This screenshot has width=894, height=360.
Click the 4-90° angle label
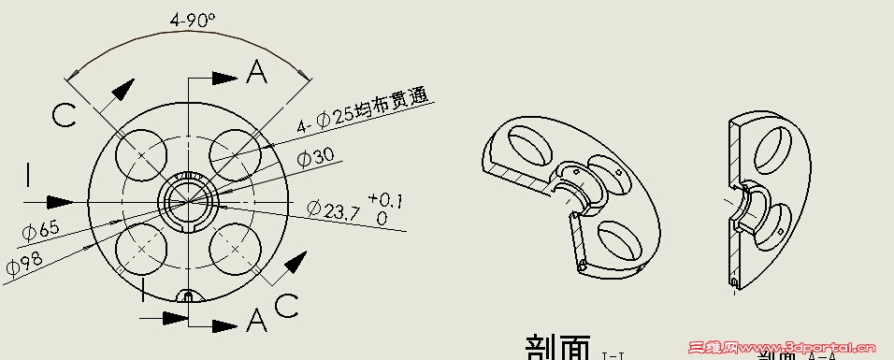tap(193, 19)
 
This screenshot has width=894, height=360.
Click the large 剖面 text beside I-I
tap(557, 347)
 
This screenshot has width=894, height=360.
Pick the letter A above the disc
tap(258, 71)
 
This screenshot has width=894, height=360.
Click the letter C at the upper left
tap(64, 116)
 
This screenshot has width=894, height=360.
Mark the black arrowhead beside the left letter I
tap(61, 201)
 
